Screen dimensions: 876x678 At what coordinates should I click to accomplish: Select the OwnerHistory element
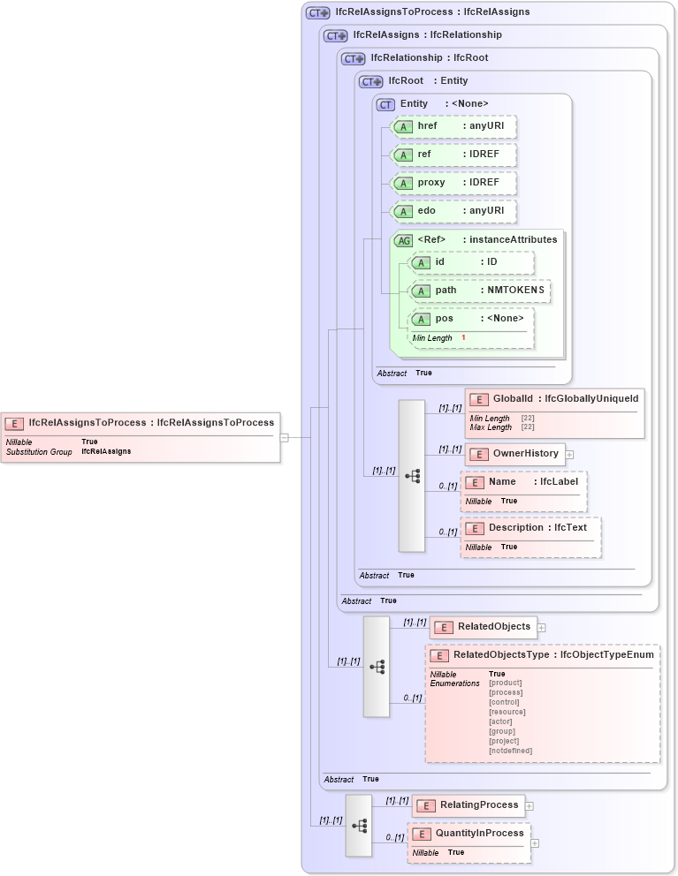pos(515,454)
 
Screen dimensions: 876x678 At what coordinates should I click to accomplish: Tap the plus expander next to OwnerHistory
pos(569,455)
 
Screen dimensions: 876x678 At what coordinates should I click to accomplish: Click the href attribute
pos(454,126)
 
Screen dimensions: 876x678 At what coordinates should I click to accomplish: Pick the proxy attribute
pos(454,183)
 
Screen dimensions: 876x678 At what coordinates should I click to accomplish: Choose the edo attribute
pos(454,211)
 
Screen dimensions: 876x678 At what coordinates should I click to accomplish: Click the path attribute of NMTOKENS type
pos(480,290)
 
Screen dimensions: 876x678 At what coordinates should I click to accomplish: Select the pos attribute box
pos(472,319)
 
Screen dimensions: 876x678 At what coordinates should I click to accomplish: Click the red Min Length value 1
pos(463,338)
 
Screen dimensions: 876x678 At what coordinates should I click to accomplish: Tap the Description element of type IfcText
pos(530,528)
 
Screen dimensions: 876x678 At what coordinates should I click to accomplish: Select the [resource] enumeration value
pos(507,712)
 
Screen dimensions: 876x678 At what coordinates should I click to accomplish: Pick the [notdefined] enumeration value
pos(510,751)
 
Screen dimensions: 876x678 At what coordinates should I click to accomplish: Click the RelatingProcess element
pos(469,805)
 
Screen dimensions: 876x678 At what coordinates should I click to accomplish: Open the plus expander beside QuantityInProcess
pos(534,843)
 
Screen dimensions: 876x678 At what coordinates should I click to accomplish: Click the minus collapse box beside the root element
pos(284,436)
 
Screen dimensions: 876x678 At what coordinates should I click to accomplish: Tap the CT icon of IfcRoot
pos(370,81)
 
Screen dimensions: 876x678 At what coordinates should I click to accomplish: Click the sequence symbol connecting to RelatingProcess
pos(359,825)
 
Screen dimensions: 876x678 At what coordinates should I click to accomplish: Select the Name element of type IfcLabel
pos(522,482)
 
